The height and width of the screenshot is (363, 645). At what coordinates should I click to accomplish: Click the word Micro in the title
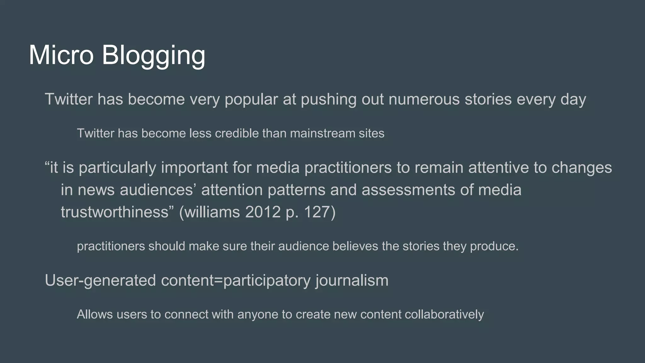pyautogui.click(x=61, y=55)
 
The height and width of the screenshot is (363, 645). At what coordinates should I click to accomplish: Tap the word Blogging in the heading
pyautogui.click(x=153, y=56)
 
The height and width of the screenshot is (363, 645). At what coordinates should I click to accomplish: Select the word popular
pyautogui.click(x=251, y=100)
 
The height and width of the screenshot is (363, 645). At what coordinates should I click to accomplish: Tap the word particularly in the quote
pyautogui.click(x=117, y=168)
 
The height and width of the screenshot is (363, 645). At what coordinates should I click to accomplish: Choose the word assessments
pyautogui.click(x=408, y=190)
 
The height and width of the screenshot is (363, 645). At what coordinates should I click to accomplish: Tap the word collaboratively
pyautogui.click(x=444, y=314)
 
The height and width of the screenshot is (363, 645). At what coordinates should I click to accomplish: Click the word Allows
pyautogui.click(x=95, y=314)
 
